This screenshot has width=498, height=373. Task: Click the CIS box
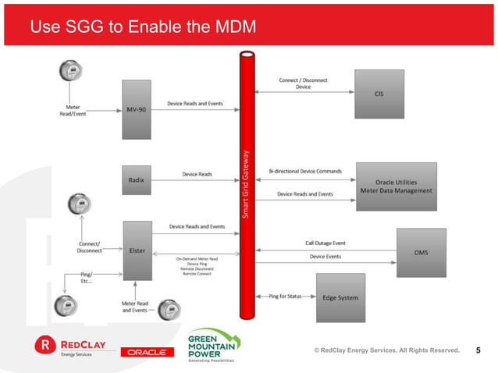pyautogui.click(x=379, y=94)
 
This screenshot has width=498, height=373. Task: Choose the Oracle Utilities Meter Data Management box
pyautogui.click(x=396, y=184)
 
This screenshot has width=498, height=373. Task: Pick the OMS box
pyautogui.click(x=421, y=252)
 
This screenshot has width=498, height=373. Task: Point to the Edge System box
pyautogui.click(x=340, y=297)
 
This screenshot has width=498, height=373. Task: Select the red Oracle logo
pyautogui.click(x=146, y=352)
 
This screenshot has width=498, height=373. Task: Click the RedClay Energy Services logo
pyautogui.click(x=69, y=344)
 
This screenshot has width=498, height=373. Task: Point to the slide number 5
pyautogui.click(x=478, y=350)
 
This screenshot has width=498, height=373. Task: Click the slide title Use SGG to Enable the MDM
pyautogui.click(x=142, y=29)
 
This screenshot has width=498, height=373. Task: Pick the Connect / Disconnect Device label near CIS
pyautogui.click(x=303, y=83)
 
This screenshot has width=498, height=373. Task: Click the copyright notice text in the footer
pyautogui.click(x=386, y=350)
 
